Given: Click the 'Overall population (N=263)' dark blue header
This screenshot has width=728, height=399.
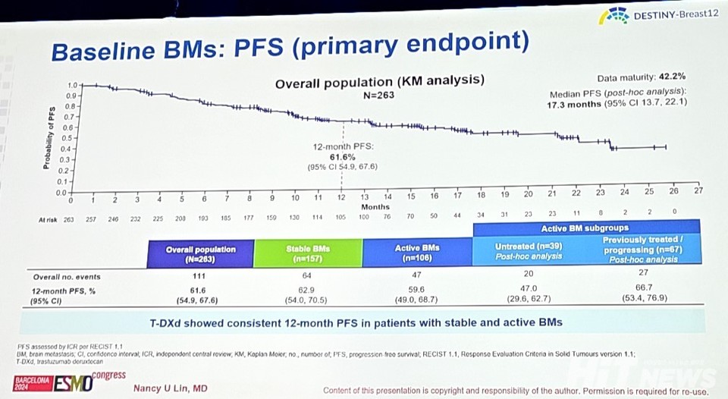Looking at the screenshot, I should pos(201,253).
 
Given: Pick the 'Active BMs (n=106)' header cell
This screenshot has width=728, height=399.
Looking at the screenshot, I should pos(418,253).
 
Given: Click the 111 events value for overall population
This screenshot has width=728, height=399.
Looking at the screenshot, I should pos(200,277).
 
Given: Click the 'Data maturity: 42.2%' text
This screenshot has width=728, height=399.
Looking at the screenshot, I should pos(642,77).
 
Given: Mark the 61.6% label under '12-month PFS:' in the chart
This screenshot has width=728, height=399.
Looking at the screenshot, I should pos(341,156).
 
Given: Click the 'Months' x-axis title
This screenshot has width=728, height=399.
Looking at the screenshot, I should pos(375,206).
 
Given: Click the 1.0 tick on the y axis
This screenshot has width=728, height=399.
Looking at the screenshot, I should pos(72,86).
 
